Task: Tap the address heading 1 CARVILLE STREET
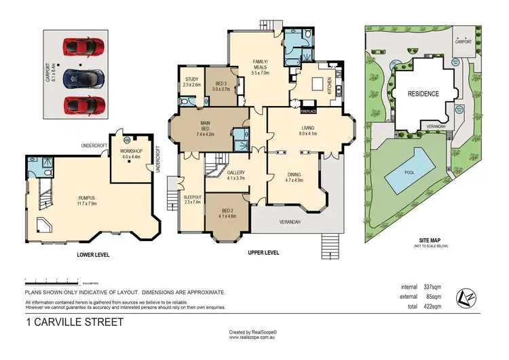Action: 75,322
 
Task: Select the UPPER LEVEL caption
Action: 263,253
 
